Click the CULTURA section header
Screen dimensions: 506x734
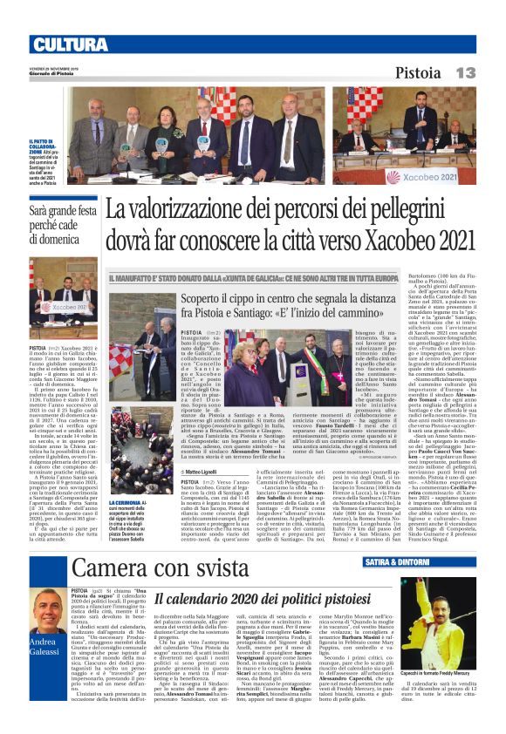pyautogui.click(x=69, y=44)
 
